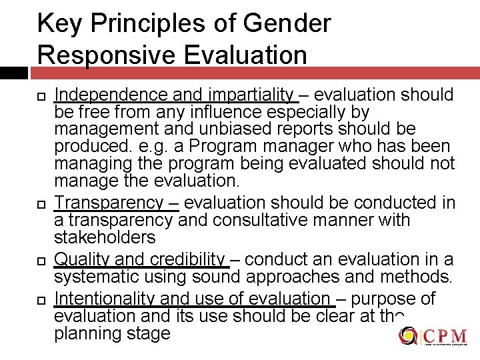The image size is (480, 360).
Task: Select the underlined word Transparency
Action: click(x=108, y=203)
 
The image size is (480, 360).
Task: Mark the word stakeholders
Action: click(x=105, y=237)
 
